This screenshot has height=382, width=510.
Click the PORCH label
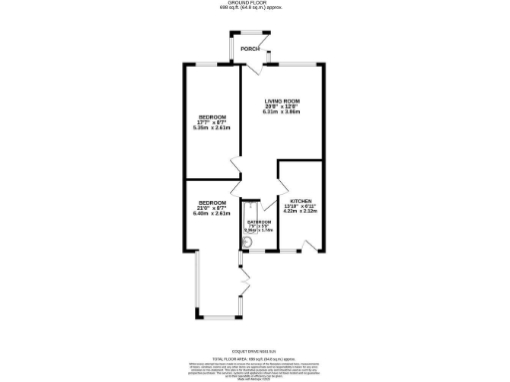(x=249, y=49)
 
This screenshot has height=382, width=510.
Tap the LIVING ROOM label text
(x=281, y=101)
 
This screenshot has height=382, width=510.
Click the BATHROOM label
(x=259, y=222)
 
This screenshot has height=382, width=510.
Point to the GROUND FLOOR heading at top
(x=254, y=3)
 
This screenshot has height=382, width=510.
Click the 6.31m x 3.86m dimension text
(x=281, y=112)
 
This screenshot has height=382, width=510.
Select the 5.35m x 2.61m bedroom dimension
(x=211, y=127)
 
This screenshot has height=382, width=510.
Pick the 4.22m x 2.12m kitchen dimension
(x=300, y=210)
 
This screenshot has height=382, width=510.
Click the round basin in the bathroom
(x=247, y=240)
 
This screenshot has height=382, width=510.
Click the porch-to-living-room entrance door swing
(x=258, y=67)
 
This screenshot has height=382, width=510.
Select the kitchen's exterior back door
(x=312, y=245)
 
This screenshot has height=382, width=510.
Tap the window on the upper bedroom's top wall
(x=210, y=65)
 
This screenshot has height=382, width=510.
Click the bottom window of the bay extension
(x=216, y=317)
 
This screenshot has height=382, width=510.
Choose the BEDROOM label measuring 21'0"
(x=211, y=200)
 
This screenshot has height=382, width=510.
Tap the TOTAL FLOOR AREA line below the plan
(x=254, y=357)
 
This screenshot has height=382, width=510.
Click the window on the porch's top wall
(x=244, y=41)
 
